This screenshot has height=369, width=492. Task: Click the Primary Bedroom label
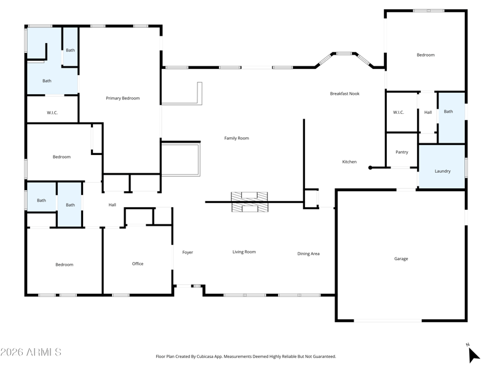[x=122, y=98]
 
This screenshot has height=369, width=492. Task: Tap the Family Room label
[x=236, y=138]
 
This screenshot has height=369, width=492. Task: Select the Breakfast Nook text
[x=344, y=93]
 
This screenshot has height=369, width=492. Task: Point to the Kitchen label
[x=349, y=162]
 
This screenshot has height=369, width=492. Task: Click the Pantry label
[x=402, y=152]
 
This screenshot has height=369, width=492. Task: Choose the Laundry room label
[x=442, y=171]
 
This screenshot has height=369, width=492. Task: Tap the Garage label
[x=401, y=259]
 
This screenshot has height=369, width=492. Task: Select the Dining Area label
[x=308, y=253]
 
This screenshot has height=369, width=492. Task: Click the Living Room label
[x=244, y=252]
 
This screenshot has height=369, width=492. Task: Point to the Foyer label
[x=188, y=252]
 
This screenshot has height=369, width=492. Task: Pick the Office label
[x=138, y=264]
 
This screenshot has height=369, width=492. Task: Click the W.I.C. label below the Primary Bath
[x=52, y=113]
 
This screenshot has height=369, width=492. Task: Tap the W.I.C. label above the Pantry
[x=398, y=112]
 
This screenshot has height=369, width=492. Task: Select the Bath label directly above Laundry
[x=448, y=111]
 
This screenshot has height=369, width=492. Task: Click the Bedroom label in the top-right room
[x=426, y=55]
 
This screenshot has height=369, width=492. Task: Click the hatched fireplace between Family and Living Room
[x=249, y=202]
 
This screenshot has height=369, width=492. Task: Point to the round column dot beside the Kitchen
[x=370, y=167]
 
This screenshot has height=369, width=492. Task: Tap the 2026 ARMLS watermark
[x=31, y=352]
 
